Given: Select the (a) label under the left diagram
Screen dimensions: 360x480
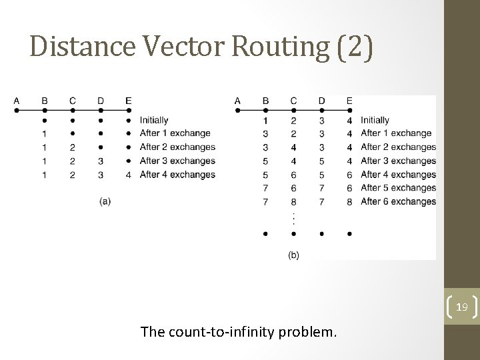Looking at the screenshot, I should click(105, 201).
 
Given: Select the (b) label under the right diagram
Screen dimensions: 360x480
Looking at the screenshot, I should click(293, 255).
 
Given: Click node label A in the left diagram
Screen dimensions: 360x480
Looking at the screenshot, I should click(17, 101).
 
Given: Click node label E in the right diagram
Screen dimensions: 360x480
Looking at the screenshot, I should click(349, 101).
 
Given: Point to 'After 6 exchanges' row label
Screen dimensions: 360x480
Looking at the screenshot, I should click(398, 201).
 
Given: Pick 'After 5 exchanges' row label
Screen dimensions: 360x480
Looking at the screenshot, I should click(398, 188).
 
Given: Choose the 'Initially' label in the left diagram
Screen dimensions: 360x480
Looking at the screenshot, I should click(154, 121).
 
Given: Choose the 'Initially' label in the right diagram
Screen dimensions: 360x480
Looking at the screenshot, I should click(375, 121).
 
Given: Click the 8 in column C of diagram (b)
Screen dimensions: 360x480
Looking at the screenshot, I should click(293, 201).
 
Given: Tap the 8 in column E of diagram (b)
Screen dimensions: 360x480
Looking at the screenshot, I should click(349, 201).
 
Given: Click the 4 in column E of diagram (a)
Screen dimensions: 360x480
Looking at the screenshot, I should click(128, 175).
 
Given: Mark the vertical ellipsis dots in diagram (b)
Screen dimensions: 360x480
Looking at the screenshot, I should click(293, 218).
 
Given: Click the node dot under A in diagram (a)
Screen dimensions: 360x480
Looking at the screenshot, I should click(17, 111).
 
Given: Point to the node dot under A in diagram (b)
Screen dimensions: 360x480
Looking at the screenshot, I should click(238, 111).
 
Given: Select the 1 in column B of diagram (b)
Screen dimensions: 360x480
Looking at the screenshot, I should click(265, 121).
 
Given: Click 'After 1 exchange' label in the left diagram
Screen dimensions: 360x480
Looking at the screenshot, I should click(175, 133).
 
